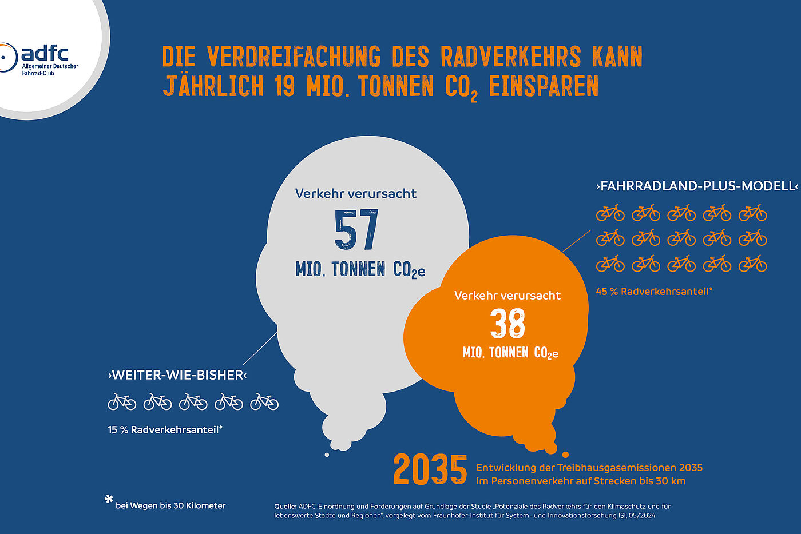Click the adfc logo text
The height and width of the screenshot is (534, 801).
pos(45,54)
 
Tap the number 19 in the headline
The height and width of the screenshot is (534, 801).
pos(284,86)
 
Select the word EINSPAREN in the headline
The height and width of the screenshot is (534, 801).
pos(544,86)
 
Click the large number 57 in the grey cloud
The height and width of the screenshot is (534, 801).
pos(356,230)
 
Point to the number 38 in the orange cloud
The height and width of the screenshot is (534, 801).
pos(507,324)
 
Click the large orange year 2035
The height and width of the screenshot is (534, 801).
pos(430,470)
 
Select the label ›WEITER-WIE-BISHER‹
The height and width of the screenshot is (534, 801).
pos(177,375)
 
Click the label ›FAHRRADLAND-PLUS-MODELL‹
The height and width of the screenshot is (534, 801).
pos(696,186)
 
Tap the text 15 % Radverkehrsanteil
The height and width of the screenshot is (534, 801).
pos(165,429)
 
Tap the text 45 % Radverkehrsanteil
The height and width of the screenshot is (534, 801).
pos(653,291)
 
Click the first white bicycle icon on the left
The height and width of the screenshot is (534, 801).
pos(122,402)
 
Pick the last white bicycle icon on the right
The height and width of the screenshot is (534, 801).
pos(264,402)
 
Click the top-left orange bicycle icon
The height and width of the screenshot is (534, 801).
pos(610,213)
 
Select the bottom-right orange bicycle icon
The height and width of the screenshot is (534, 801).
pos(752,264)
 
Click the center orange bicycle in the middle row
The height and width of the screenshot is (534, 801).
pos(681,237)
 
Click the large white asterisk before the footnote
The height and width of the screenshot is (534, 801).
pos(109,500)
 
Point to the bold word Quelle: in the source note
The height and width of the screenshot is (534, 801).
pos(285,506)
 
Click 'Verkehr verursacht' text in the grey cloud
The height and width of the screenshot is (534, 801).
pos(356,193)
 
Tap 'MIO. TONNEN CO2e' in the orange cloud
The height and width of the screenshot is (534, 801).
pos(510,353)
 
